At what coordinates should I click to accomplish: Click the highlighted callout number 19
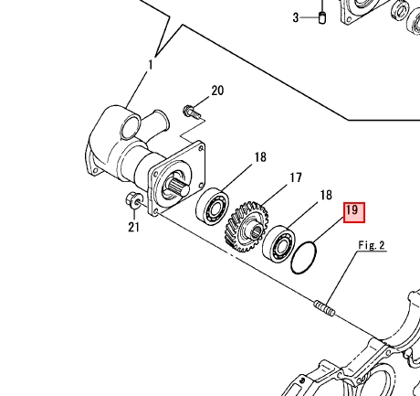354,212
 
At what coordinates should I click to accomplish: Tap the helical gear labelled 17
247,227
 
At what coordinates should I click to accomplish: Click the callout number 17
296,177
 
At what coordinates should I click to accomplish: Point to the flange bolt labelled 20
192,112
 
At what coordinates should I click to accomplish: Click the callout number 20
217,91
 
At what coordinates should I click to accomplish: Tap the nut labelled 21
133,200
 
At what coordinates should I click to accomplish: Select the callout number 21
133,227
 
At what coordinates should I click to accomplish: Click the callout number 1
150,65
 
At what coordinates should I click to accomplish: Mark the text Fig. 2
372,245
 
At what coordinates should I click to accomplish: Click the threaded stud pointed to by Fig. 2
324,308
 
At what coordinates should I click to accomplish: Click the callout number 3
296,17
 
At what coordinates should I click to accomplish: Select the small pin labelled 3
322,17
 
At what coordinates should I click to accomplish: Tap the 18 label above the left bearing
260,157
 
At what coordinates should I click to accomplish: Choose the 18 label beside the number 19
326,195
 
